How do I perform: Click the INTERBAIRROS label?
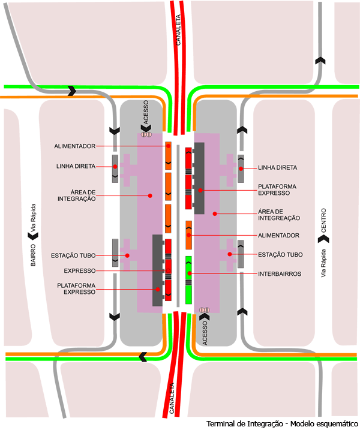pos(279,273)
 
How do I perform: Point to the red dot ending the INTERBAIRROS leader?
pos(189,273)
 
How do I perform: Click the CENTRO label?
pos(323,220)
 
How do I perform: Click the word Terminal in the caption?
pos(222,424)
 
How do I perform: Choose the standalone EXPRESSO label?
pos(80,270)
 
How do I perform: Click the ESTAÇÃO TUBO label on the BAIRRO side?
pos(80,255)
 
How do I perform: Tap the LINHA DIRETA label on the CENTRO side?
pos(278,168)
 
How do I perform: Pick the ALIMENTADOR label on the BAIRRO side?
pos(75,146)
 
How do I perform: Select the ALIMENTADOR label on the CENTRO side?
pos(278,235)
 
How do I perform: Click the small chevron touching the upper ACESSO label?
pos(144,128)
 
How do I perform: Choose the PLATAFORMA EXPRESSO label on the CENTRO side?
pos(277,190)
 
